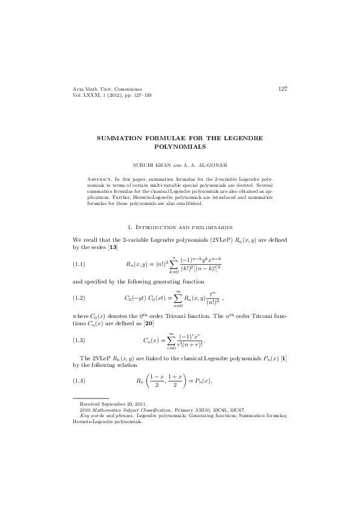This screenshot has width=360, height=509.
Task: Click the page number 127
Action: [x=283, y=89]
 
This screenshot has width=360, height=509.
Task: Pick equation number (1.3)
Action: [x=79, y=340]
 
